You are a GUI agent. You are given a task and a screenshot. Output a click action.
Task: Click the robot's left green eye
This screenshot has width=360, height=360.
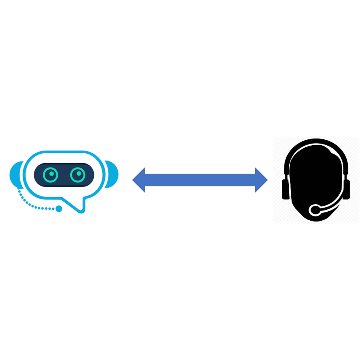coord(51,175)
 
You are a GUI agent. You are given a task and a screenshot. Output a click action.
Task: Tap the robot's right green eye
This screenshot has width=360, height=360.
coord(78,175)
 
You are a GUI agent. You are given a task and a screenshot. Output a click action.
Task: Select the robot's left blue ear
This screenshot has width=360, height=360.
coord(15,174)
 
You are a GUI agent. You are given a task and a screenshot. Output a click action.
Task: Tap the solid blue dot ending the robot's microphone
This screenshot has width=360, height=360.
coord(59,209)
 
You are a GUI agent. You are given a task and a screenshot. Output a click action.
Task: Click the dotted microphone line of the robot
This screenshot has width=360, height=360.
coord(30,204)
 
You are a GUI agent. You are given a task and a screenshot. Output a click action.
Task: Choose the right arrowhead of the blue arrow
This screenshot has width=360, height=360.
coord(261,180)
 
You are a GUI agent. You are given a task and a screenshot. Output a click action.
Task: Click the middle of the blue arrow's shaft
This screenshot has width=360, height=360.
coord(200,180)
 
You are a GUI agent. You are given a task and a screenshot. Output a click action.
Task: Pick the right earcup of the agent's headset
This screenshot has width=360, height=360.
coord(347,189)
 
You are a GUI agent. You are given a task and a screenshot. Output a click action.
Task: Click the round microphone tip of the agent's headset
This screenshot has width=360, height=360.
coord(315,210)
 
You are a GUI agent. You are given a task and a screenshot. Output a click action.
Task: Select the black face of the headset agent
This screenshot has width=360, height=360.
coord(315,175)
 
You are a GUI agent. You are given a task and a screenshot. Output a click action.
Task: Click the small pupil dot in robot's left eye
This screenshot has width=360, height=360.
coord(51,173)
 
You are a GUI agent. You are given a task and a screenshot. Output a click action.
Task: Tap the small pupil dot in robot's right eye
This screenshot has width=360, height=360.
coord(79,173)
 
